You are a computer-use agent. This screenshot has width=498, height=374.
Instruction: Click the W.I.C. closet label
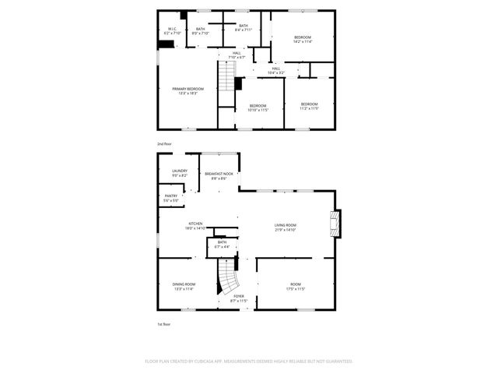[x=172, y=31]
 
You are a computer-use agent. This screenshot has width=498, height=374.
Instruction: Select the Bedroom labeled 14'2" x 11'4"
[x=302, y=40]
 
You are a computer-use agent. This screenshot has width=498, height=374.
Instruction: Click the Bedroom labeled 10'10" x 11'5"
[x=258, y=108]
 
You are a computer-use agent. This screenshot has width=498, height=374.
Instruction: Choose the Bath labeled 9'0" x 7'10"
[x=201, y=31]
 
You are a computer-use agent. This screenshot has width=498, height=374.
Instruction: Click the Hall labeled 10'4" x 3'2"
[x=275, y=70]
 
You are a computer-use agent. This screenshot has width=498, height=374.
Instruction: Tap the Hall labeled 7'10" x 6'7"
[x=236, y=55]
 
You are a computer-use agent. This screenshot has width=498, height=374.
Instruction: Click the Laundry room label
[x=180, y=173]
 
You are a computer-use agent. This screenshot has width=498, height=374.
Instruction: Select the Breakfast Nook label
[x=219, y=175]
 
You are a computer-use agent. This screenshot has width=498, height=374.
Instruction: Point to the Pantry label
[x=171, y=198]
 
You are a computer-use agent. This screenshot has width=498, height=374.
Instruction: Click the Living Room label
[x=286, y=228]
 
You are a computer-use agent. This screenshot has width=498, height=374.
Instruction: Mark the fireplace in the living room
[x=335, y=223]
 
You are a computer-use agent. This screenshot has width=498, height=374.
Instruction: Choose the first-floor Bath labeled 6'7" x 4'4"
[x=222, y=245]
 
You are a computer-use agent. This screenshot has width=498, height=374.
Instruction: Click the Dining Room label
[x=184, y=286]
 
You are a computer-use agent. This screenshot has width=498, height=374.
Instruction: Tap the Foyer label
[x=239, y=298]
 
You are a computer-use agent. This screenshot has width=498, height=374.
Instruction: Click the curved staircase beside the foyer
[x=226, y=276]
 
